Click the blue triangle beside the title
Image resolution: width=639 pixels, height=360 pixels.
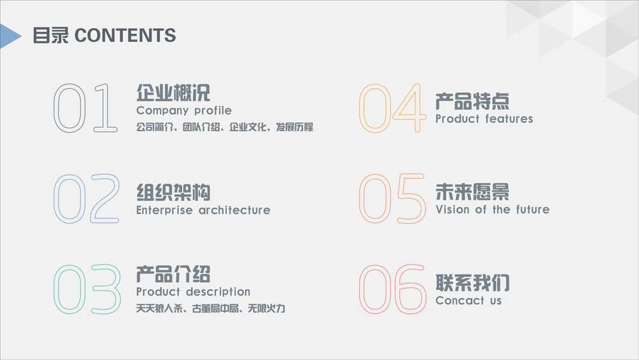coord(9,36)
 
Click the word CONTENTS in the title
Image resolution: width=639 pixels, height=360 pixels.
coord(125,35)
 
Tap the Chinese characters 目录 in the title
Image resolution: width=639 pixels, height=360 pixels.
coord(50,35)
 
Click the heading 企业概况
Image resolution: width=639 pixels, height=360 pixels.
coord(173,93)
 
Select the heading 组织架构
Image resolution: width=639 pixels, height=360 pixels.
coord(173,192)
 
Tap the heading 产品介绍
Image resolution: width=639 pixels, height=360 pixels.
coord(173,274)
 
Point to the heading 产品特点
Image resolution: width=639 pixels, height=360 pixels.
coord(472,102)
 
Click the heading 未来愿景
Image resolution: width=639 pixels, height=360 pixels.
coord(472,192)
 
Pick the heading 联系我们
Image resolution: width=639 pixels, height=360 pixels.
coord(472,283)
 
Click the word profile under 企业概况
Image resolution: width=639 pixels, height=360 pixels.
coord(213,111)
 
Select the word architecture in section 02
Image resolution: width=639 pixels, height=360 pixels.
coord(235,210)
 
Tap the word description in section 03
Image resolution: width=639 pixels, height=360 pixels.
coord(218,292)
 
